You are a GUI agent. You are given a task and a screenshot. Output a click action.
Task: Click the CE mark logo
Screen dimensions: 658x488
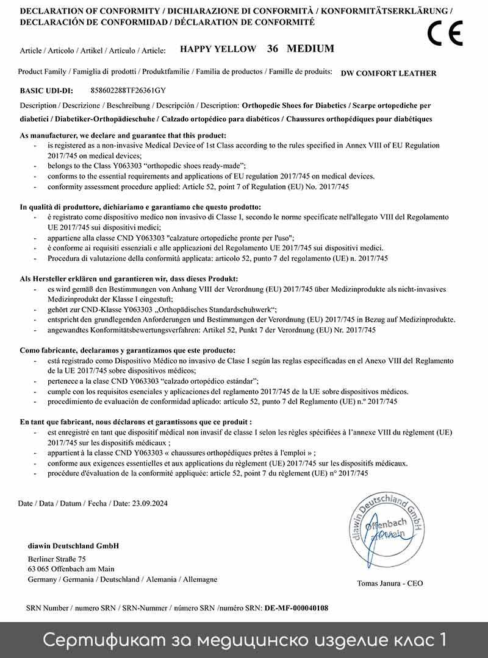445,34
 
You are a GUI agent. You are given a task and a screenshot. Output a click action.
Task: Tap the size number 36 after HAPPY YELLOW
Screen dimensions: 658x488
273,49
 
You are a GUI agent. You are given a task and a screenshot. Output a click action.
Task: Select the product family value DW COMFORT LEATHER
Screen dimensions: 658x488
389,73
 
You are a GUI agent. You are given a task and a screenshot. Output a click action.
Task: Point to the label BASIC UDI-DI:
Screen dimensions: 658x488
46,91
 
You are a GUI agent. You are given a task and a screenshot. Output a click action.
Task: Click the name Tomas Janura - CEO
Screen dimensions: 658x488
390,583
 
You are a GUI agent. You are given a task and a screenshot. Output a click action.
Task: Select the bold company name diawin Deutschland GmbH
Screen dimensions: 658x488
73,545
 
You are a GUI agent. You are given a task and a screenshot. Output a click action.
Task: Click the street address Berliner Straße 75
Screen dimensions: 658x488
57,559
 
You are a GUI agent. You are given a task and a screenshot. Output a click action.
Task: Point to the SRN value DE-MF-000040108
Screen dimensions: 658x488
296,608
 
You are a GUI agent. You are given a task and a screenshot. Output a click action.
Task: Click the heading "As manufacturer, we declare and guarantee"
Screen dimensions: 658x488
123,135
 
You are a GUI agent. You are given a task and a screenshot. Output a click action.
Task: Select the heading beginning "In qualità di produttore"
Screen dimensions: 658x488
140,207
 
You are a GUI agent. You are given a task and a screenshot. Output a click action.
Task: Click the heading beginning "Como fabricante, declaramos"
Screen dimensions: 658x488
127,350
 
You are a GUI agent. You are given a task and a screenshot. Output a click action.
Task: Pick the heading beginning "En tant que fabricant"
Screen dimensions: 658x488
136,422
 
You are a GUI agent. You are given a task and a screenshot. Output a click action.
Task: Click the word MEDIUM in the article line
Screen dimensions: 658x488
310,49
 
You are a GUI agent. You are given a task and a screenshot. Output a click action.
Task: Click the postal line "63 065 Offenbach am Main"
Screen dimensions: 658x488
71,569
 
